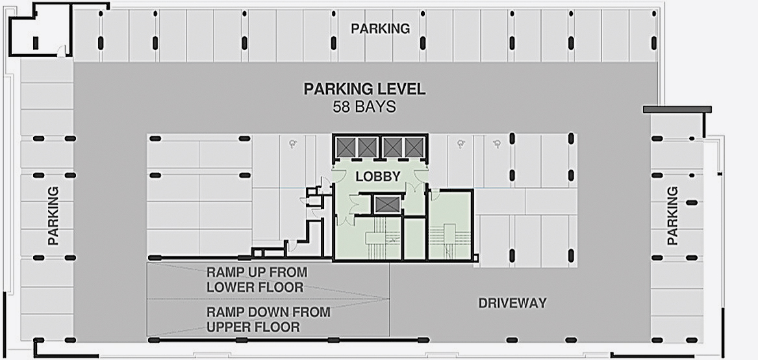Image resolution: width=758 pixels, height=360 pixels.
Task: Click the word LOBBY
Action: point(378,177)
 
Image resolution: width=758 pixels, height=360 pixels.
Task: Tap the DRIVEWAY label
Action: point(512,303)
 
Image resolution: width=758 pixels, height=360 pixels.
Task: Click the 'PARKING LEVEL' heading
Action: point(364,89)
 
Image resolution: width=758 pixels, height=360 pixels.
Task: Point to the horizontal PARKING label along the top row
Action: point(381,29)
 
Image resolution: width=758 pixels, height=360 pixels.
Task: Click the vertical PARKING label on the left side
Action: point(53,216)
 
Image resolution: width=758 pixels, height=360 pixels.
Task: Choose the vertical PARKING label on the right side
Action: point(672,216)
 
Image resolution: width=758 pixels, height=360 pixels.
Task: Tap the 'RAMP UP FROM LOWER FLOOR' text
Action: point(257,279)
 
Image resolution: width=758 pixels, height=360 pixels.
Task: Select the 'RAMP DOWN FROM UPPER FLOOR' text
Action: point(268,319)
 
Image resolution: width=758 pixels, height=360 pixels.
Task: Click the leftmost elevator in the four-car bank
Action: point(346,147)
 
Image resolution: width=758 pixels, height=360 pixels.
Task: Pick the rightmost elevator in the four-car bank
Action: point(414,147)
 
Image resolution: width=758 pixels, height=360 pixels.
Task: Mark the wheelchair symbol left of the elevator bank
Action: point(292,143)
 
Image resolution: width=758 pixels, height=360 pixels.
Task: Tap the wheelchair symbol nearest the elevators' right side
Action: point(461,143)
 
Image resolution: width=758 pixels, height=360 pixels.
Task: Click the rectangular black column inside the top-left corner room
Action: point(35,43)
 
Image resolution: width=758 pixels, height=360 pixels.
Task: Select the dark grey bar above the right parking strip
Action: point(677,110)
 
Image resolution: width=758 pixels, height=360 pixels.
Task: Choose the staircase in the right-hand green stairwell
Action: point(449,242)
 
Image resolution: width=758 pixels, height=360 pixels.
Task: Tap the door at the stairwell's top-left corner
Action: point(435,195)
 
